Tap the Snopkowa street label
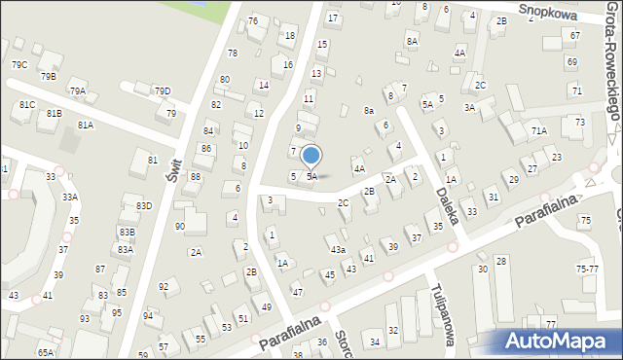[x=547, y=11]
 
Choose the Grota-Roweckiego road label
[x=611, y=68]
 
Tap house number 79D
[x=163, y=91]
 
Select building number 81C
[x=26, y=105]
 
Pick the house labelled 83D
[x=143, y=206]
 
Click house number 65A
[x=46, y=352]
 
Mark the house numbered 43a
[x=338, y=250]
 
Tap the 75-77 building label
[x=587, y=269]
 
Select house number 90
[x=179, y=226]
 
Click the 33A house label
[x=70, y=198]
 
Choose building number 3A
[x=469, y=108]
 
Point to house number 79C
[x=19, y=64]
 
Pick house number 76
[x=253, y=21]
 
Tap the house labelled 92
[x=164, y=287]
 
